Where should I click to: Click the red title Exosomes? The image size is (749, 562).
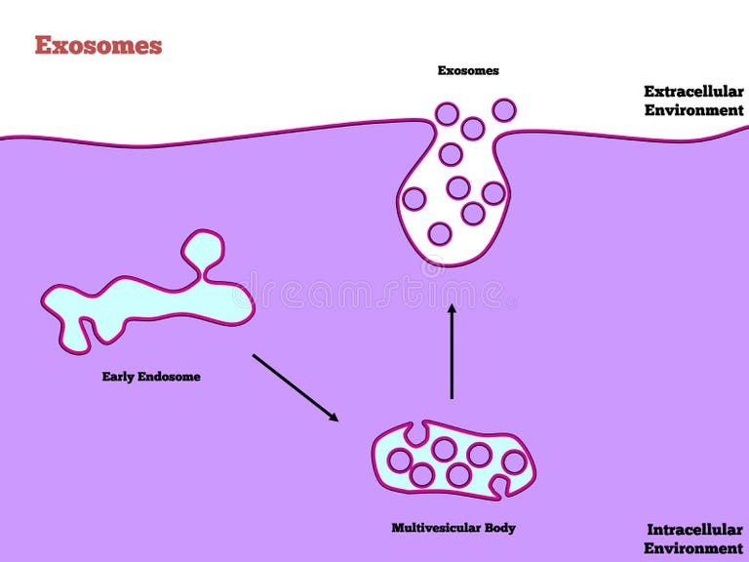click(x=98, y=45)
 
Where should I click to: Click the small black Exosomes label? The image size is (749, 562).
click(x=468, y=70)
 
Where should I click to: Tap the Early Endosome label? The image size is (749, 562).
click(x=151, y=376)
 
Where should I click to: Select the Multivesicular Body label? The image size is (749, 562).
click(x=453, y=528)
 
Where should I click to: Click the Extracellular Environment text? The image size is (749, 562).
click(x=693, y=100)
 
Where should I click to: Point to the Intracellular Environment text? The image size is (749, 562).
click(x=694, y=539)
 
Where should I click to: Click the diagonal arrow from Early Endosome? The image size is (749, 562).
click(x=295, y=387)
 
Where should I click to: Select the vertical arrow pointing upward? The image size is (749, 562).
click(x=452, y=351)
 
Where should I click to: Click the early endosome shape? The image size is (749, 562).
click(x=146, y=302)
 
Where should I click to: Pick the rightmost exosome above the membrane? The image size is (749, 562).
click(x=504, y=110)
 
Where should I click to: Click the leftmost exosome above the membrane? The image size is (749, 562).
click(x=447, y=113)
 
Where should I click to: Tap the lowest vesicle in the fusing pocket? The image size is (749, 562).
click(x=440, y=233)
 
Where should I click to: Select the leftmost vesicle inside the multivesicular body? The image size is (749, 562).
click(x=399, y=460)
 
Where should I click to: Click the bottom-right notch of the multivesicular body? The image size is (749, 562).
click(x=502, y=485)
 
